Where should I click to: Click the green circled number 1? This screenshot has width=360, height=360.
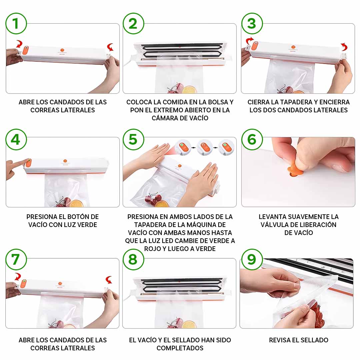coord(16,23)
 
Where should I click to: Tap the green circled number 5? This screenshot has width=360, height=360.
coord(133,139)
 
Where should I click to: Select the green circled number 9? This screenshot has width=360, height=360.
coord(252,259)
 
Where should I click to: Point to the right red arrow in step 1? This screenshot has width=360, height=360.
coord(110,47)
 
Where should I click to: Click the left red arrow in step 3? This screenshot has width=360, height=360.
coord(249,40)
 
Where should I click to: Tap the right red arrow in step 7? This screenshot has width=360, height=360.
coord(109,280)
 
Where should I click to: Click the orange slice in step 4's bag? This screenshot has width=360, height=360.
coord(77,203)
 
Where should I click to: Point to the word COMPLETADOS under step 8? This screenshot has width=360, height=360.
coord(180,348)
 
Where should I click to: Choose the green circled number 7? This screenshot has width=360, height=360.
coord(16,259)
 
